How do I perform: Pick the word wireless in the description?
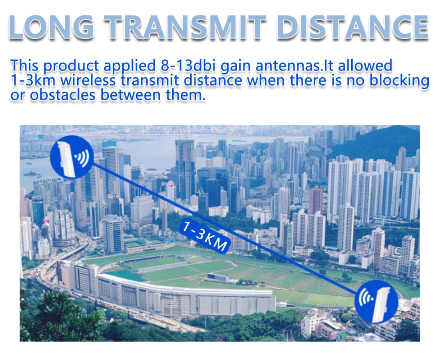pyautogui.click(x=88, y=80)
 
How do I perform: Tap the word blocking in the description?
pyautogui.click(x=400, y=81)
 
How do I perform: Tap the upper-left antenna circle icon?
pyautogui.click(x=72, y=157)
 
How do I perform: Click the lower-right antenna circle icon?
pyautogui.click(x=376, y=302)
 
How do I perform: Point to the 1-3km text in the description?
pyautogui.click(x=33, y=80)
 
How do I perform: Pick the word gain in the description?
pyautogui.click(x=236, y=66)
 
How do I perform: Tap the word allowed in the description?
pyautogui.click(x=365, y=66)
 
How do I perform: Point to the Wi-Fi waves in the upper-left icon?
pyautogui.click(x=83, y=157)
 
